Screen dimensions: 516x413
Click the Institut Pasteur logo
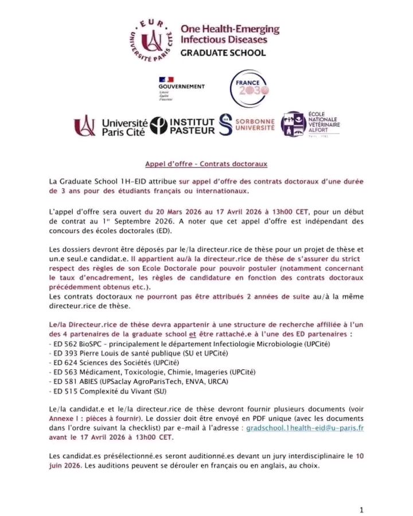[185, 126]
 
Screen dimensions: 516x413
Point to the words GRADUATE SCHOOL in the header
[223, 53]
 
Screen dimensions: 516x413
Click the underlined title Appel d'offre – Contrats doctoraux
[206, 164]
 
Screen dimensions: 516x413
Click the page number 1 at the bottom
[361, 494]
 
